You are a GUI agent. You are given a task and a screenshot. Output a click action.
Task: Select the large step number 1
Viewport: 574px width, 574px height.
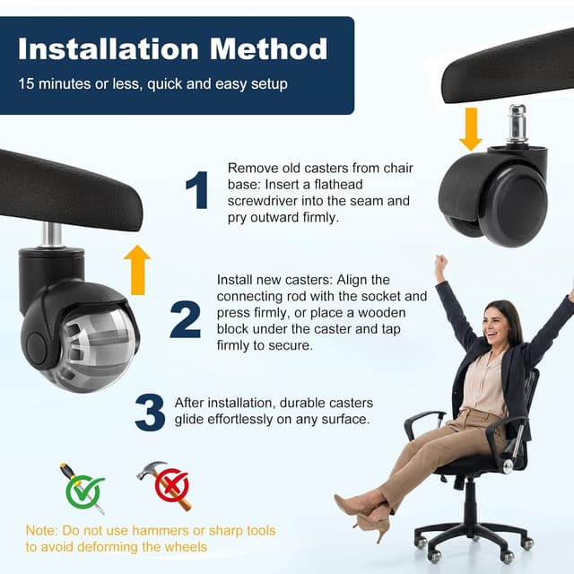(x=196, y=191)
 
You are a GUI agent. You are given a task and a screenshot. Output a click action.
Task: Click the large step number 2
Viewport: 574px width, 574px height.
(x=185, y=318)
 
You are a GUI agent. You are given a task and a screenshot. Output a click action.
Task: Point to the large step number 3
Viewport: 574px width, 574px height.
(x=150, y=412)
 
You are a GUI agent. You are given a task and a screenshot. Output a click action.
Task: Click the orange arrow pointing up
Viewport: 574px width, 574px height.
(x=136, y=269)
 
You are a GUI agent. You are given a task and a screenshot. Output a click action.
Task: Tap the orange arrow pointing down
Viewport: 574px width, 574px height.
(x=470, y=128)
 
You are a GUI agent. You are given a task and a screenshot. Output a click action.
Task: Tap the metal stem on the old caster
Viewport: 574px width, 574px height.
(x=518, y=126)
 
